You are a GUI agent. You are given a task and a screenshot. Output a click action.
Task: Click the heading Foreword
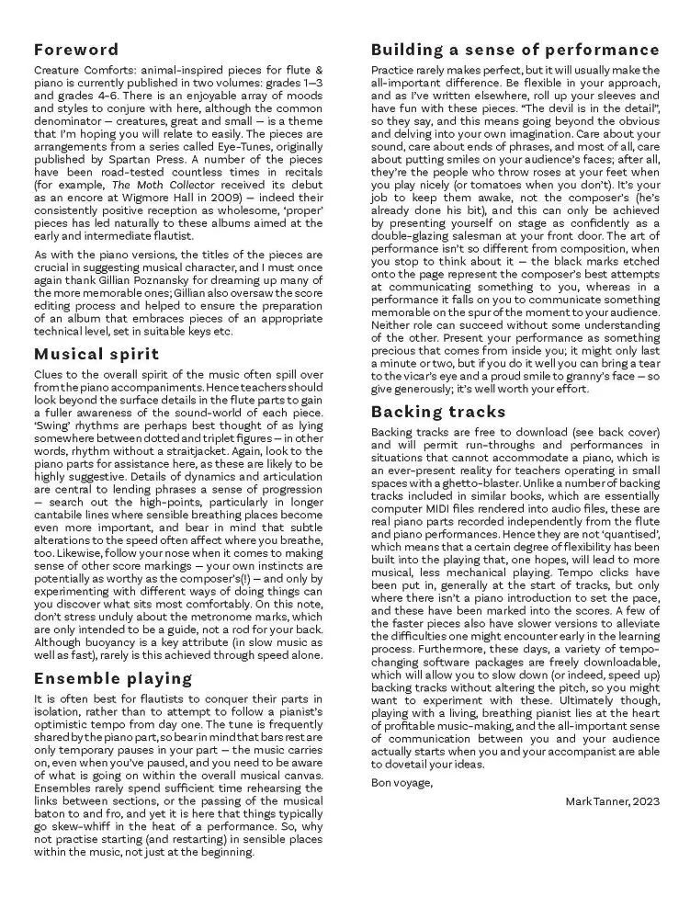[x=76, y=50]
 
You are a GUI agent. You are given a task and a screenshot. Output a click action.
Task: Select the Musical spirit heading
[x=96, y=353]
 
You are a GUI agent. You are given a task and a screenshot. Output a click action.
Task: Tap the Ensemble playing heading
[x=114, y=679]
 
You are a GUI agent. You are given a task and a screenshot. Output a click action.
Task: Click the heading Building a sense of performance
[x=515, y=50]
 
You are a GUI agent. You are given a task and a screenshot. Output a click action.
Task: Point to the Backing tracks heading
[x=438, y=411]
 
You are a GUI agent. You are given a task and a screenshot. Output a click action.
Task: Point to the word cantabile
[x=62, y=513]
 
